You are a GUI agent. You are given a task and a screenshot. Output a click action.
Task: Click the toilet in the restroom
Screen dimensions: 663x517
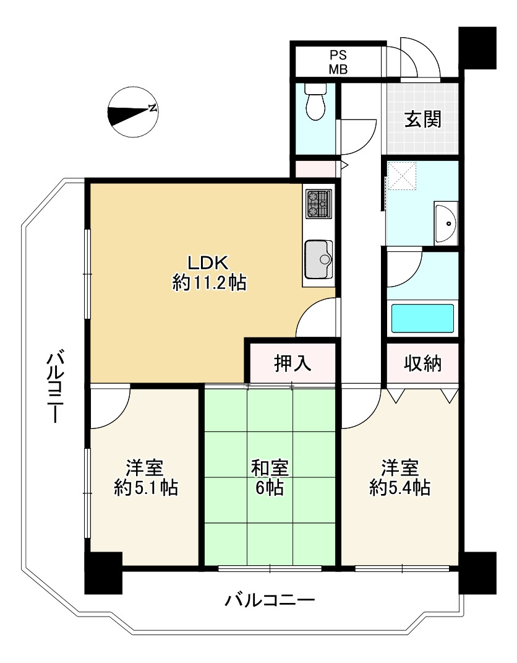coord(316,103)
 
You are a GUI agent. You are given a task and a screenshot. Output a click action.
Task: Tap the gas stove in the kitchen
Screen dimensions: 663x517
coord(318,204)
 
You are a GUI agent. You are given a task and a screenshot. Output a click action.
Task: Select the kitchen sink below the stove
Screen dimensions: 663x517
coord(318,259)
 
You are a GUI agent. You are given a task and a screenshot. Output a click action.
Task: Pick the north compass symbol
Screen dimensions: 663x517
coord(132,113)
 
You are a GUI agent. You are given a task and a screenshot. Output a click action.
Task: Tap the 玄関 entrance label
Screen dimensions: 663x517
coord(423,119)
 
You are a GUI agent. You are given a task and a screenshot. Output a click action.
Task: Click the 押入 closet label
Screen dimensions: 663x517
coord(293,363)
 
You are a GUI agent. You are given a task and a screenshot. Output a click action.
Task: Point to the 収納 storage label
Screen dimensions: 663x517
coord(423,363)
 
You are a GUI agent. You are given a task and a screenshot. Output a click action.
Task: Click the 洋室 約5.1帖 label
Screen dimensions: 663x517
coord(146,477)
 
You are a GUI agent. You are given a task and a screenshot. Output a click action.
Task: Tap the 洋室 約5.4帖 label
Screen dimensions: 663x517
coord(399,477)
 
